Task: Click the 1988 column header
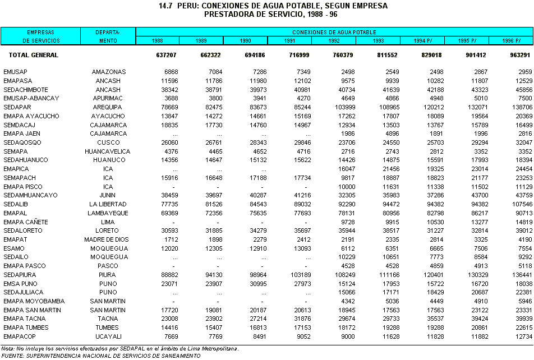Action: coord(158,41)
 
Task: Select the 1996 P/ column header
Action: coord(510,41)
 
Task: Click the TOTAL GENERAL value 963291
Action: coord(519,55)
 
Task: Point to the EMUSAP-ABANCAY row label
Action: coord(31,98)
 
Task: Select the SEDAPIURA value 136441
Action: coord(519,275)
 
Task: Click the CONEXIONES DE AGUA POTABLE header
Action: coord(334,33)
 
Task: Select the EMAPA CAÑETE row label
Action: coord(26,222)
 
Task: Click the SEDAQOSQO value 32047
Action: coord(521,142)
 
